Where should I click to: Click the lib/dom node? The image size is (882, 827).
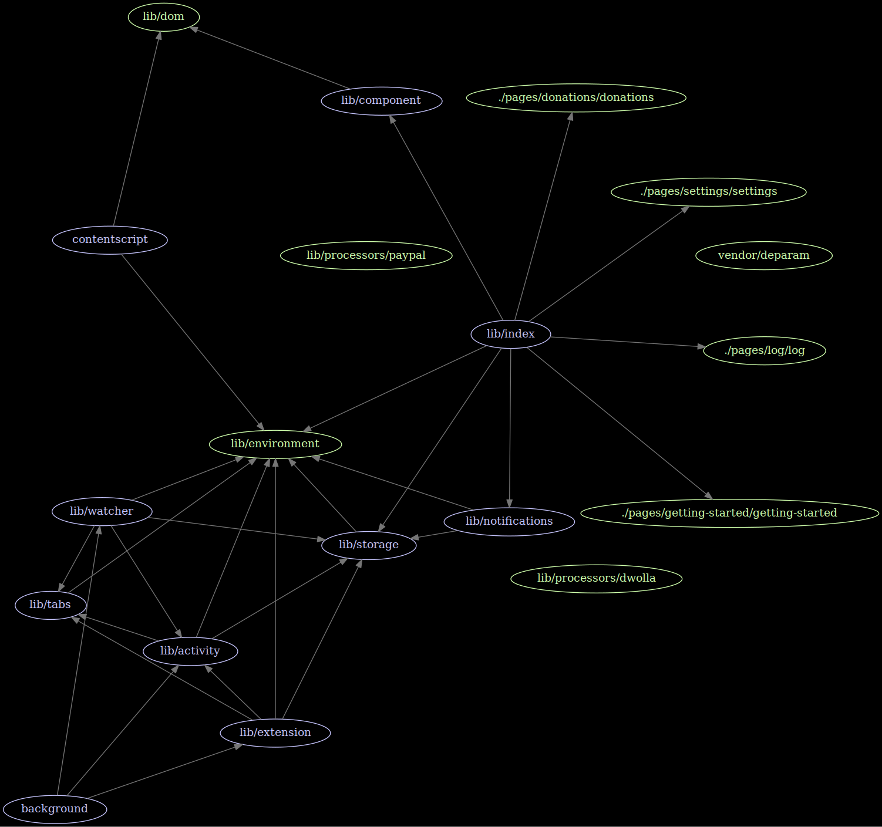point(164,16)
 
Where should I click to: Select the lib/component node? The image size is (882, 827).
point(381,100)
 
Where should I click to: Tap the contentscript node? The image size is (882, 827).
point(110,239)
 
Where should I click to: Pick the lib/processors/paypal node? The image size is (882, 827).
point(366,255)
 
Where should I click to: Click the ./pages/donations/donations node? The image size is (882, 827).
point(575,97)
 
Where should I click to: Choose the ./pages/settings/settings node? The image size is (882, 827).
point(708,191)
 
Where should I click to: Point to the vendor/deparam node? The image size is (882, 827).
point(763,255)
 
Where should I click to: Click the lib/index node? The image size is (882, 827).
point(510,334)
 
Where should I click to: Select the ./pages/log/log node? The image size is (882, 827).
point(764,350)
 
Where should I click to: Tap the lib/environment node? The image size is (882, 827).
point(275,444)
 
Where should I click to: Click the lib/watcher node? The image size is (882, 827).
point(102,511)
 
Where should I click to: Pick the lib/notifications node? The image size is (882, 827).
point(509,521)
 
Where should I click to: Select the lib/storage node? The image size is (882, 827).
point(368,545)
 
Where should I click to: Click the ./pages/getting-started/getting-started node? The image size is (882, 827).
point(729,513)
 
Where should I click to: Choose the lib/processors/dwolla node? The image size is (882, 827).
point(596,578)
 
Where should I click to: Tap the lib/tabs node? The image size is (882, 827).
point(51,605)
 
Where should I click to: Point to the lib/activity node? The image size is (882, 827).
point(190,651)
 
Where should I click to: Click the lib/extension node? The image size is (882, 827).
point(275,733)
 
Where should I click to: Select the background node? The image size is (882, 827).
point(55,809)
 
